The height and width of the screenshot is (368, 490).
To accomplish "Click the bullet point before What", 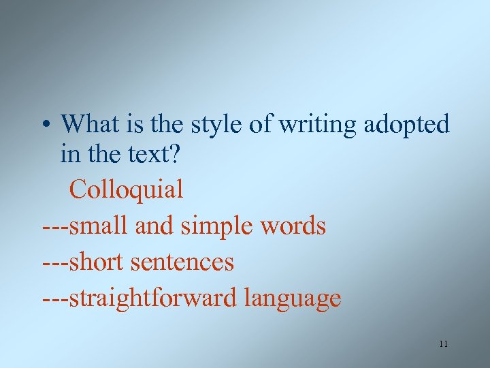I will point(44,125).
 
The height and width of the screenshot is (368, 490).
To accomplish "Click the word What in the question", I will point(91,124).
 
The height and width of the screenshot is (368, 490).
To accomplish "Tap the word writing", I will point(321,125).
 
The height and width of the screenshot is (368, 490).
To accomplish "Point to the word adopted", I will point(407,125).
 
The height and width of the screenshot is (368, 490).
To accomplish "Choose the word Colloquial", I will point(126,189).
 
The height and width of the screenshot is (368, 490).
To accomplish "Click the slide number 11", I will point(443,344).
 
